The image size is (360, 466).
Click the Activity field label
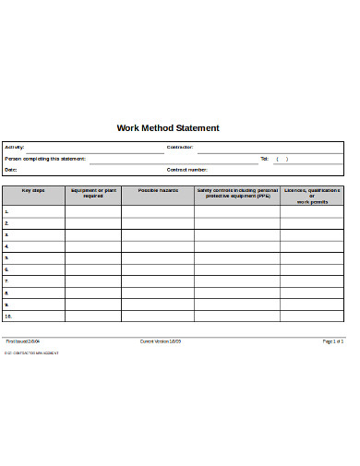click(x=15, y=148)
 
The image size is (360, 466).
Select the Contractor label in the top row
click(x=180, y=148)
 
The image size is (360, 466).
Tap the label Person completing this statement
click(x=45, y=159)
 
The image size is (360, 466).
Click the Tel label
click(x=264, y=159)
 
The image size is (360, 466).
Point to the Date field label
click(x=11, y=170)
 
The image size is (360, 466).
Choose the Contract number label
click(x=187, y=170)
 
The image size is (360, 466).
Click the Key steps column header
click(x=33, y=190)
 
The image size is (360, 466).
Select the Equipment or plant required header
click(x=93, y=193)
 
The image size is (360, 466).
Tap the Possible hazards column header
click(x=158, y=190)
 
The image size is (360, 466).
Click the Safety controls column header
click(x=237, y=193)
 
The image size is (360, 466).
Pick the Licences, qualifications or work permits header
click(x=312, y=196)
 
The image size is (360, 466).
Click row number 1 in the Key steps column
click(x=7, y=211)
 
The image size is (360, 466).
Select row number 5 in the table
click(x=7, y=257)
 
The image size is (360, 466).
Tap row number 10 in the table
click(x=8, y=316)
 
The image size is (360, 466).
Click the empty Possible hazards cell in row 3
click(x=158, y=234)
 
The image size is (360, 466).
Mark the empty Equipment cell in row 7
click(x=93, y=281)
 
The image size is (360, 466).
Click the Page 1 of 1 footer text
click(x=332, y=341)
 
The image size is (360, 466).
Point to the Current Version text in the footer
click(x=161, y=341)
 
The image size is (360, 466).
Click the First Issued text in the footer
click(x=23, y=341)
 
